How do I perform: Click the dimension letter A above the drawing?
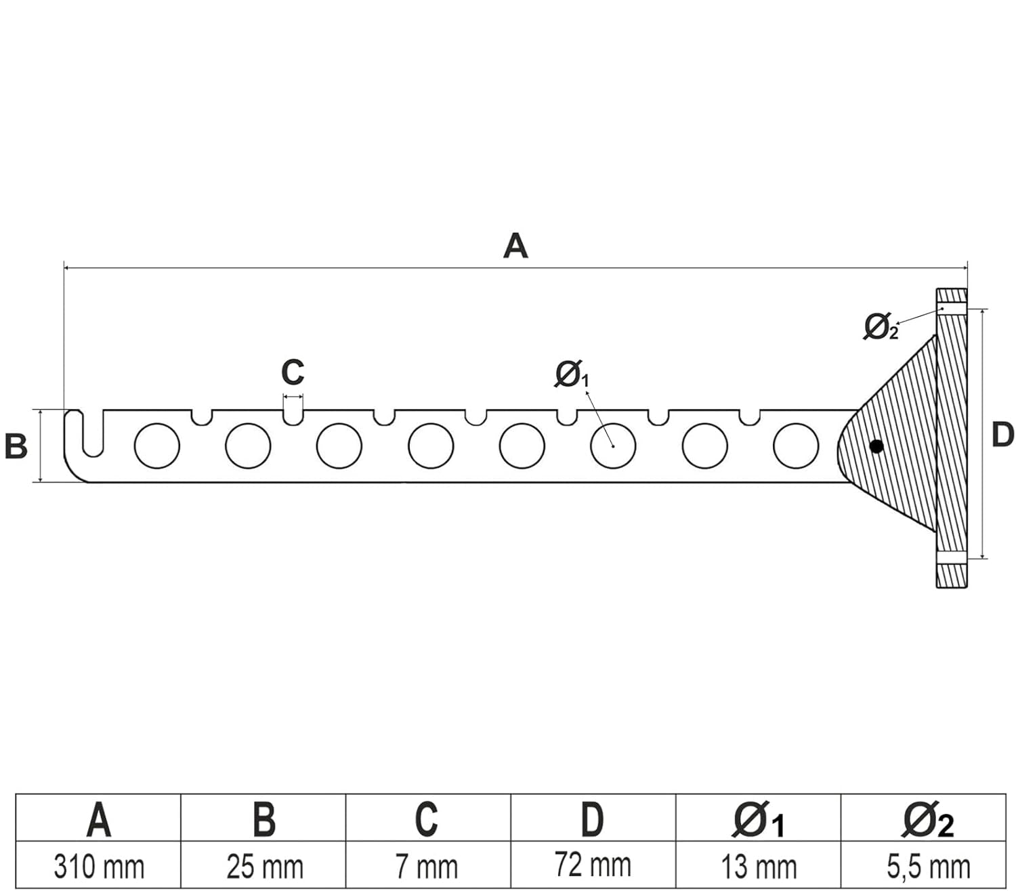515,246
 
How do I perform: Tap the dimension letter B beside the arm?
16,447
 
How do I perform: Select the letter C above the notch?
293,372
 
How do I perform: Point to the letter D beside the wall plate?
1002,435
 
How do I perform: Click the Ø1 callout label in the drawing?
572,374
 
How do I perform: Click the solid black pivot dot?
876,446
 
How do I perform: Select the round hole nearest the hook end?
157,446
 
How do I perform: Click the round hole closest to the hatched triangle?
796,446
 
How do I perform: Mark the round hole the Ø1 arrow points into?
613,446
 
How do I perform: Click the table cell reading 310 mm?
99,867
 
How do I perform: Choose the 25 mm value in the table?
264,867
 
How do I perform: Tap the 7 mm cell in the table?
427,867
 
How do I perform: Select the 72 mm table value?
593,865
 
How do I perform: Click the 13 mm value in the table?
759,867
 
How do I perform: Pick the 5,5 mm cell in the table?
928,867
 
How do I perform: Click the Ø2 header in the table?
928,821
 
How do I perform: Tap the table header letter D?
593,819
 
